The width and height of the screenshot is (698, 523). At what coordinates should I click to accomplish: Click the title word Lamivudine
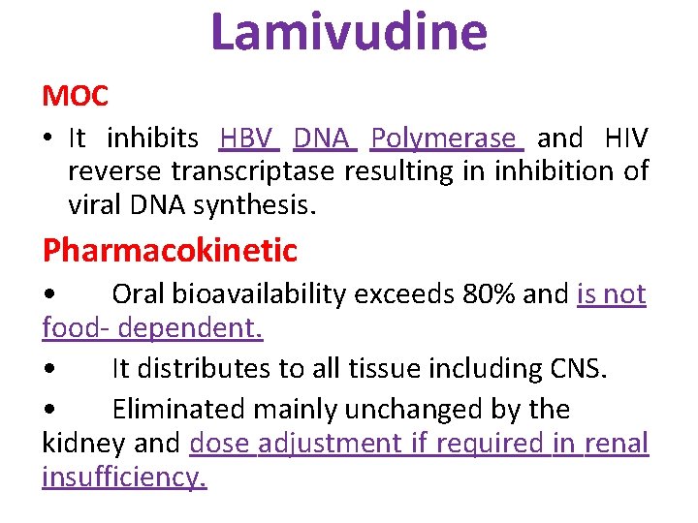tap(349, 31)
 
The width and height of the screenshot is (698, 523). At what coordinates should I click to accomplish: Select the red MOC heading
tap(75, 96)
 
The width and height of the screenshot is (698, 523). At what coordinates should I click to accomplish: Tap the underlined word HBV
tap(248, 138)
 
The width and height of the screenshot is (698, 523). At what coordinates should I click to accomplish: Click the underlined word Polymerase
tap(447, 138)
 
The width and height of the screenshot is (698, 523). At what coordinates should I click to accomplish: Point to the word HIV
tap(625, 138)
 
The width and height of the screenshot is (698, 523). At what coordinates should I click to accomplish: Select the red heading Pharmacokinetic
tap(170, 251)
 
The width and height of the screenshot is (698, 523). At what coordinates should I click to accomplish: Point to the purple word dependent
tap(190, 327)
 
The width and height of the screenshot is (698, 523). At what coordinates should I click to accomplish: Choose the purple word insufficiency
tap(124, 477)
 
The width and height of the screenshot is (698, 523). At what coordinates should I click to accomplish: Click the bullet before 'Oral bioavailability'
tap(48, 294)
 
